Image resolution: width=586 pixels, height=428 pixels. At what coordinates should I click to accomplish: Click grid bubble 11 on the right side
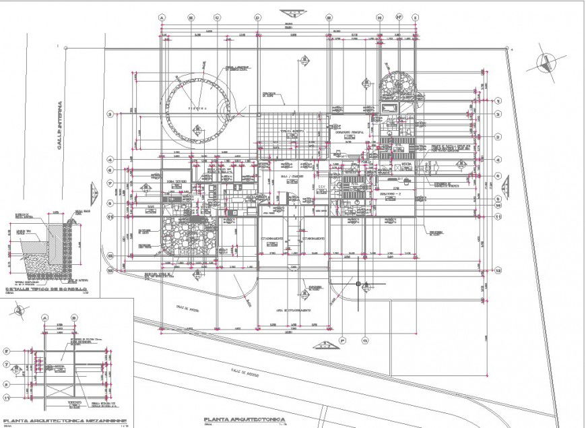498,216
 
